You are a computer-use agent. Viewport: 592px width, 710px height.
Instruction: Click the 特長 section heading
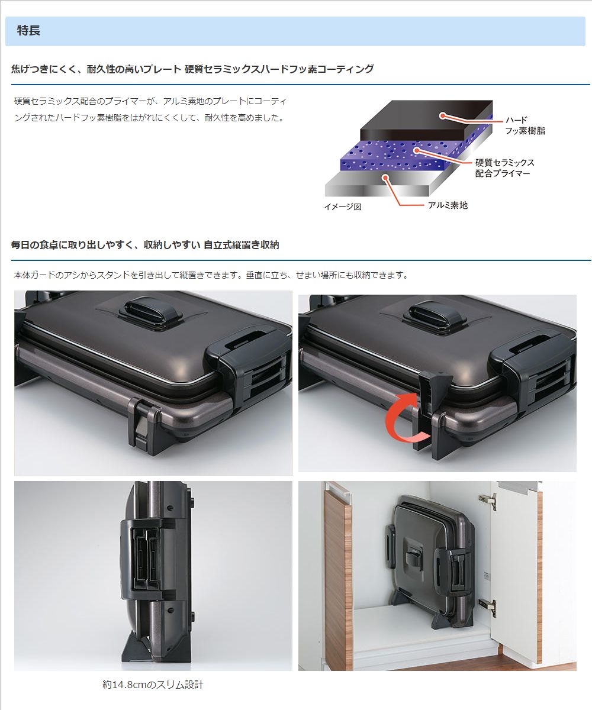(x=28, y=31)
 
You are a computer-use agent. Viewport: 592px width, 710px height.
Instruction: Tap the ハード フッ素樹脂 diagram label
(x=525, y=125)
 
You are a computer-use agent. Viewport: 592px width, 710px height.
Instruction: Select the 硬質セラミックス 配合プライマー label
(x=504, y=168)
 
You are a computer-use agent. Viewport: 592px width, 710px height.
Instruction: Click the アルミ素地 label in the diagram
(x=448, y=205)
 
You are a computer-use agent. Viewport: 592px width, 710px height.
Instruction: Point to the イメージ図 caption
(x=343, y=206)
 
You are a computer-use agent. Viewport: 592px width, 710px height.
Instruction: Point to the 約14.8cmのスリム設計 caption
(x=153, y=685)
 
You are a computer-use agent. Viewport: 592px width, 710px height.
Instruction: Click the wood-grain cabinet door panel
(x=338, y=575)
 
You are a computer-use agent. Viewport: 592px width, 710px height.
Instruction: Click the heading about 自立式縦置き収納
(x=145, y=245)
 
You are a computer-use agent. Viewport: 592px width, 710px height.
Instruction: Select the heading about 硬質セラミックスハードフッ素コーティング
(x=192, y=69)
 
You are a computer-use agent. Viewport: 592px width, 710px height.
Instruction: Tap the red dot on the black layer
(x=442, y=115)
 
